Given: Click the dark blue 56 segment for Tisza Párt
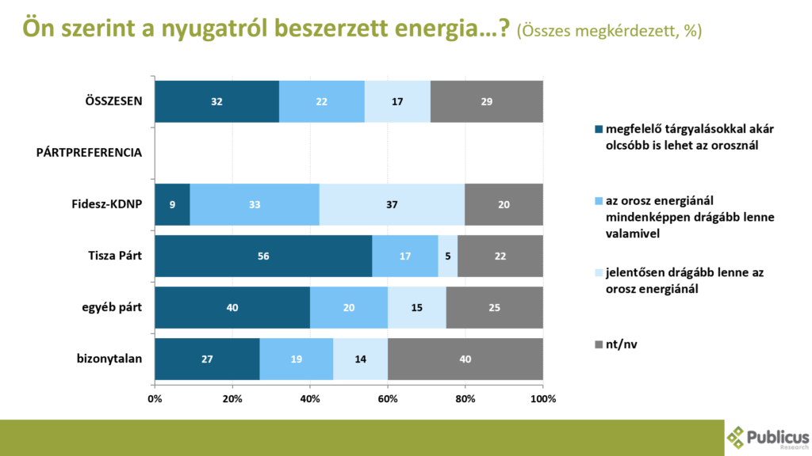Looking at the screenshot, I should pos(263,256).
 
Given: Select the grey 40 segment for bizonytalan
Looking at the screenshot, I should pos(465,359).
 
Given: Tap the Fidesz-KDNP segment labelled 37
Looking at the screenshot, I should pos(392,204).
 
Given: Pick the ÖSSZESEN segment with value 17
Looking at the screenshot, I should pos(397,101).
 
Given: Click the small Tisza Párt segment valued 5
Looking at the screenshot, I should pos(448,256).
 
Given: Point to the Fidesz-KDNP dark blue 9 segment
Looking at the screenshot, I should pos(172,204).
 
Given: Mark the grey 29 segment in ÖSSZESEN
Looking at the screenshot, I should pos(487,101).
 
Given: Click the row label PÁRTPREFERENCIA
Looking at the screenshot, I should pos(90,153).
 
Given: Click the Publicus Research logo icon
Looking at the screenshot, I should pos(737,437).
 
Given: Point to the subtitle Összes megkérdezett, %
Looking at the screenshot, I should pos(609,31).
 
